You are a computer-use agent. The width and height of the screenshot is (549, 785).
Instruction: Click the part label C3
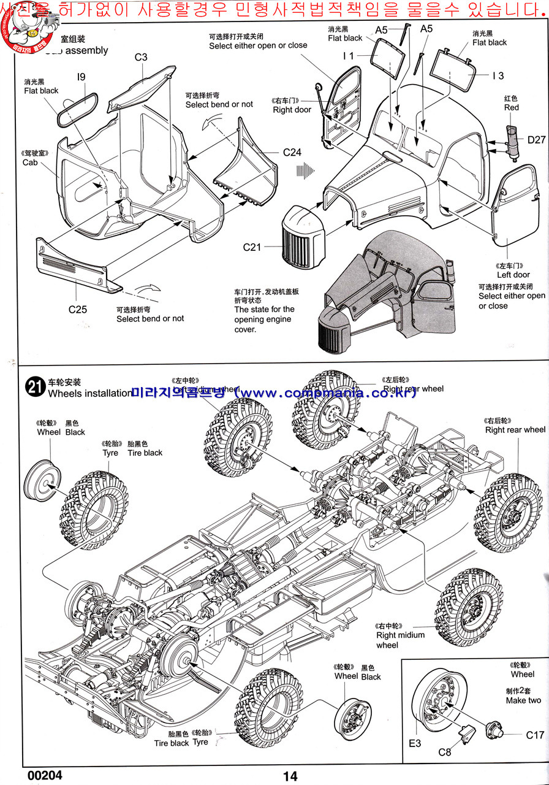point(141,58)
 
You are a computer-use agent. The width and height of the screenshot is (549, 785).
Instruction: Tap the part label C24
point(292,152)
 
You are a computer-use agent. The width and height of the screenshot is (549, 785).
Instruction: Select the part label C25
point(78,309)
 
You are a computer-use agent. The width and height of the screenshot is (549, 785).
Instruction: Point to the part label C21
point(252,247)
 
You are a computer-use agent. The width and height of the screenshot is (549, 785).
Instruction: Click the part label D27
point(536,140)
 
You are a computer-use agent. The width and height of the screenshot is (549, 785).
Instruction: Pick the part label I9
point(81,77)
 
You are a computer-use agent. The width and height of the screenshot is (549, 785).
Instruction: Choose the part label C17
point(534,735)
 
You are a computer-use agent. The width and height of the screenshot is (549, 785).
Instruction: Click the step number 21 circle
point(34,386)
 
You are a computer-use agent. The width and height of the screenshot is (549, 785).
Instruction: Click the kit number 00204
point(45,775)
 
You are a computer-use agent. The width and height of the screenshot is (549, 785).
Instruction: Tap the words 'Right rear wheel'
point(515,430)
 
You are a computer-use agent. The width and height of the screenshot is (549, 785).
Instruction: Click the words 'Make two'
point(523,700)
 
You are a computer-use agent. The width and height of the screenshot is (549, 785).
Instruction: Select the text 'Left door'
point(513,275)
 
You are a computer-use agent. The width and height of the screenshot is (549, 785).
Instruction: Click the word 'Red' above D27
point(511,107)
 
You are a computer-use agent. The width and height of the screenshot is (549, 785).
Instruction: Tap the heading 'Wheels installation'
point(89,393)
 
